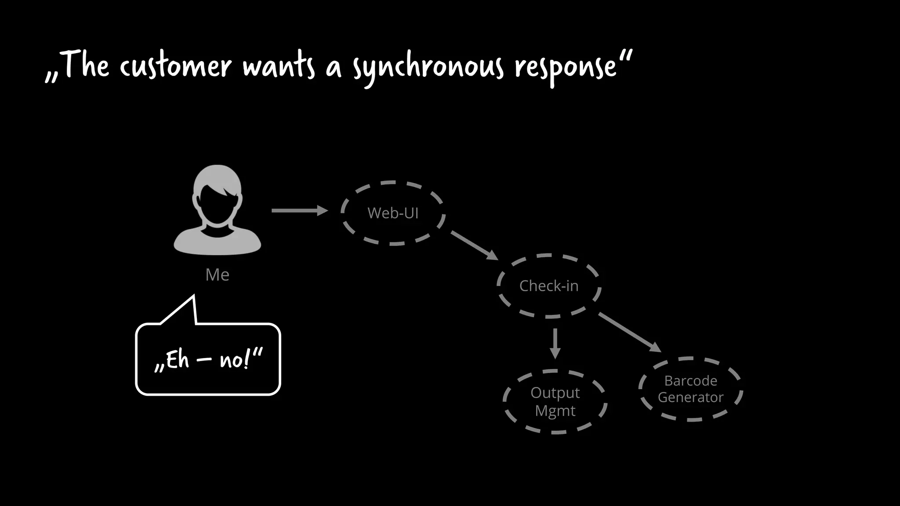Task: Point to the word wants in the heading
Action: (x=279, y=67)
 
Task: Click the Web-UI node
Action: (x=393, y=213)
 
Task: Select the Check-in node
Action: (x=549, y=286)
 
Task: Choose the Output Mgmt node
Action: (x=555, y=401)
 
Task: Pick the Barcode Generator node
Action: (x=690, y=389)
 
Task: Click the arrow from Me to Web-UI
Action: (x=299, y=210)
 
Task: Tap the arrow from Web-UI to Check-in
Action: (x=474, y=245)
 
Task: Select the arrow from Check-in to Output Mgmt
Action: (x=555, y=343)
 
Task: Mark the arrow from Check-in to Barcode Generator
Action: (x=629, y=332)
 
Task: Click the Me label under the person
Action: (x=217, y=275)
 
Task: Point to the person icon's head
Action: (x=217, y=193)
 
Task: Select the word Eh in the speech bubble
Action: (x=177, y=360)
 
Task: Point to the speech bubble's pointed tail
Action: (x=187, y=307)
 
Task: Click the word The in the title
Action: (x=86, y=65)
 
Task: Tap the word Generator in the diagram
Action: (x=690, y=398)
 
